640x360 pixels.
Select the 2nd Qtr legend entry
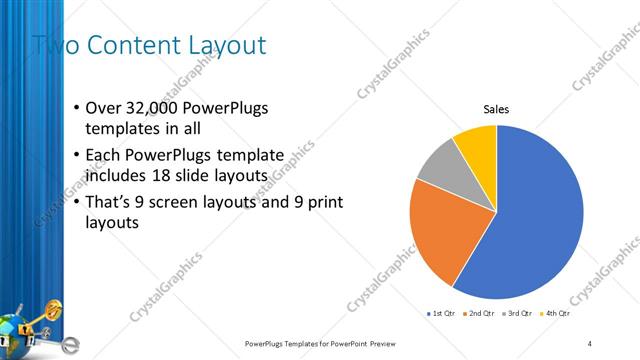pyautogui.click(x=482, y=315)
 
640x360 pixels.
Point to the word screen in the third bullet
pyautogui.click(x=192, y=202)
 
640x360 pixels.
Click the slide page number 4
pyautogui.click(x=590, y=344)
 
